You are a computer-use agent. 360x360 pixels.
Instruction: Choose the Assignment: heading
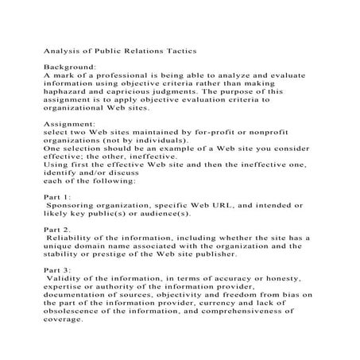tap(69, 125)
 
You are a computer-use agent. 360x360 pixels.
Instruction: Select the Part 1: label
tap(57, 198)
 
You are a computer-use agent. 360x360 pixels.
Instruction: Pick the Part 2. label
tap(57, 230)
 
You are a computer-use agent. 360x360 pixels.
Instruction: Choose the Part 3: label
tap(57, 271)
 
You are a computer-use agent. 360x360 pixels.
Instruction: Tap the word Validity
tap(65, 280)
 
